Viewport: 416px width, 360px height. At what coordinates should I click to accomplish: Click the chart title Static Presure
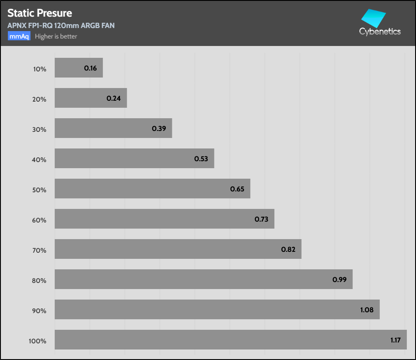point(40,13)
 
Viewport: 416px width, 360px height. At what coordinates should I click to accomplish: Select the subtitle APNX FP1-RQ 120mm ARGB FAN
point(61,25)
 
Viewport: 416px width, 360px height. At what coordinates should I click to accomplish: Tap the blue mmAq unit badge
point(19,36)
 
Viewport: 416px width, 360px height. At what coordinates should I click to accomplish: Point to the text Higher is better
point(56,36)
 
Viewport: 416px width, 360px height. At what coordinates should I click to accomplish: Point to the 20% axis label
point(39,99)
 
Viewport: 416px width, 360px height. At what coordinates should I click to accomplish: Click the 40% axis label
point(39,160)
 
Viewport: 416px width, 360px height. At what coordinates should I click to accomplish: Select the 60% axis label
point(39,220)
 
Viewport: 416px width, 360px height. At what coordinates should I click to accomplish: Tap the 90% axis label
point(39,311)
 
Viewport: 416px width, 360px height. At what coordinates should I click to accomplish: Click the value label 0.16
point(91,68)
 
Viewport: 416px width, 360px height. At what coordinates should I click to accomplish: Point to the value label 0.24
point(114,99)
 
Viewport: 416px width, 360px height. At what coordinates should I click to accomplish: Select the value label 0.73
point(262,219)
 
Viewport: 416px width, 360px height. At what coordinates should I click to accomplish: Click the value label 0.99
point(339,279)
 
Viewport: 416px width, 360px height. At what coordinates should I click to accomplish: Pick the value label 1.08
point(367,310)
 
